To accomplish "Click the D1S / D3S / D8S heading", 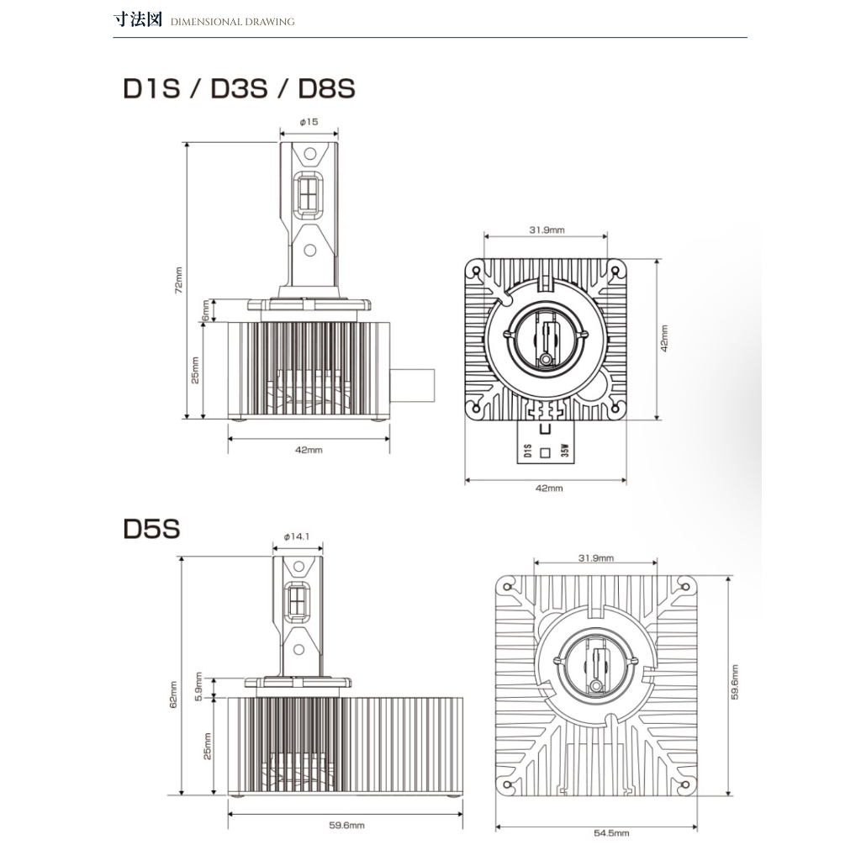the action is click(x=240, y=88).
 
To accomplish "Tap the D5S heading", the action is click(x=151, y=528).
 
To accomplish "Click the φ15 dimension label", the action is click(x=309, y=122).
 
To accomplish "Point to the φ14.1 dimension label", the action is click(x=297, y=536).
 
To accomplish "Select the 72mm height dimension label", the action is click(x=178, y=280).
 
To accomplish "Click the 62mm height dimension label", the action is click(x=173, y=695).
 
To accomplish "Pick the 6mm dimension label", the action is click(x=205, y=311).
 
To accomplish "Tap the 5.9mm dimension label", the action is click(x=198, y=686).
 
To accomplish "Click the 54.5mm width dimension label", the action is click(x=611, y=833).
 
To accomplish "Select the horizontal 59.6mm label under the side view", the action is click(x=346, y=826).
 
